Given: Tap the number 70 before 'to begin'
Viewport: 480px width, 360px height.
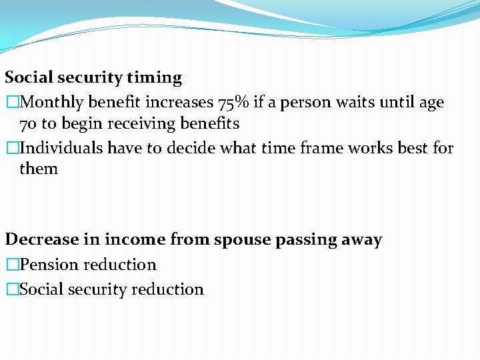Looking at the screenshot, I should point(29,124).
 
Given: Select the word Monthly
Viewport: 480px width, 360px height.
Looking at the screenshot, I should point(51,103).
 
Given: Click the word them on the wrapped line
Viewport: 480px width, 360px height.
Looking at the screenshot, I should point(39,169).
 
